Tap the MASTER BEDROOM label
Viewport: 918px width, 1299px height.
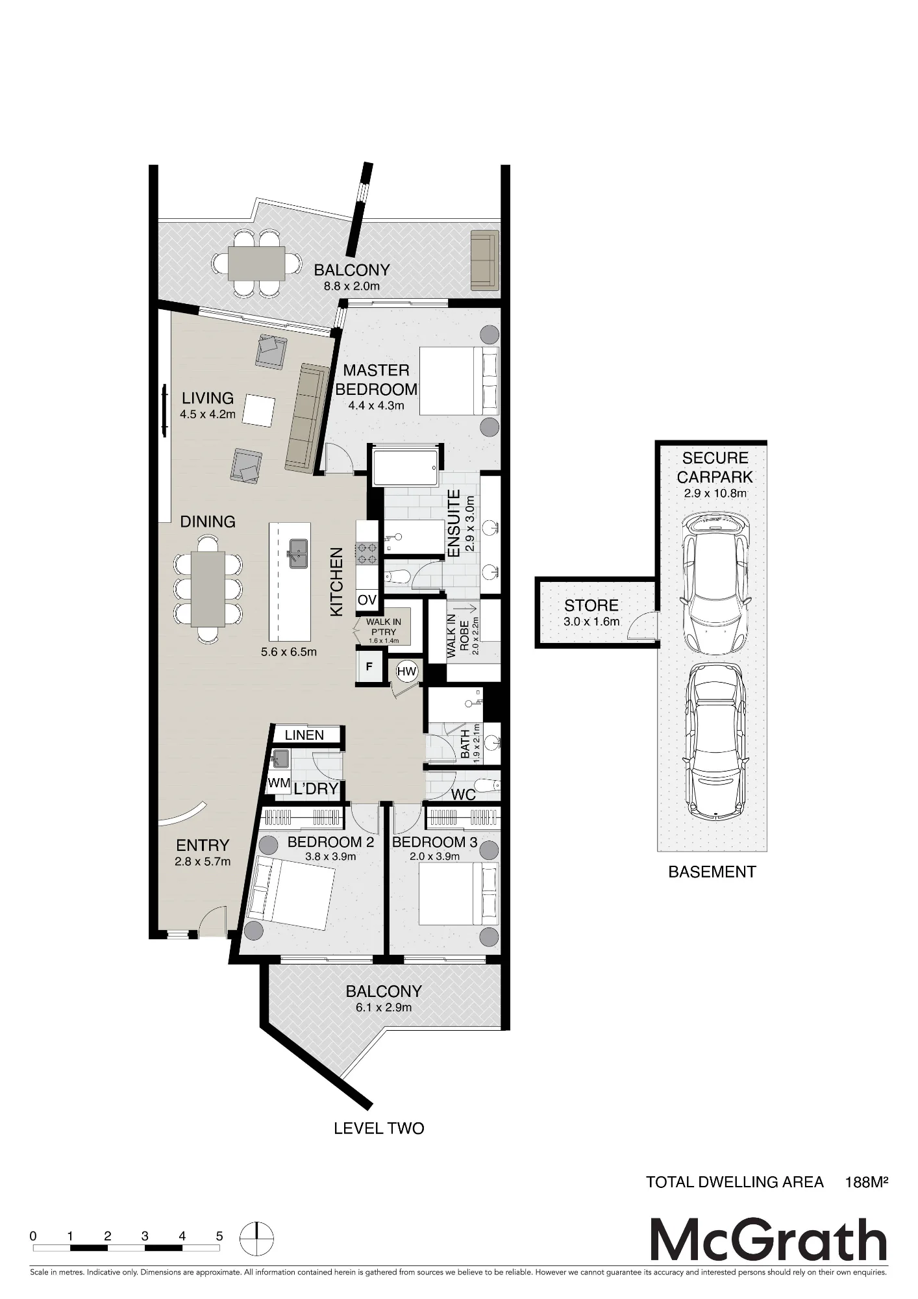click(x=377, y=380)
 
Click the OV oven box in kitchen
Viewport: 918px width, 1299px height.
click(x=367, y=600)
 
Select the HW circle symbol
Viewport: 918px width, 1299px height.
click(x=406, y=672)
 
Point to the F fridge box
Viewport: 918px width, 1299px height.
click(x=369, y=667)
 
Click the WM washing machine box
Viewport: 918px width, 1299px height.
click(x=279, y=783)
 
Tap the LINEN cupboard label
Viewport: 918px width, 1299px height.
click(x=304, y=735)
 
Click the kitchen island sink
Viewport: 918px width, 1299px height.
click(x=298, y=553)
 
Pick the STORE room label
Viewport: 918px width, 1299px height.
click(x=591, y=605)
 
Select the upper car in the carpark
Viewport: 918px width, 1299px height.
click(x=715, y=583)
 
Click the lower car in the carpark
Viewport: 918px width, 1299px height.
click(x=715, y=740)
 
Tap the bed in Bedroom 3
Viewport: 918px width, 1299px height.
click(x=459, y=893)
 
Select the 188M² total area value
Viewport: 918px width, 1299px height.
click(x=866, y=1182)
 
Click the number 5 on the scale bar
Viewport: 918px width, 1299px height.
click(x=219, y=1237)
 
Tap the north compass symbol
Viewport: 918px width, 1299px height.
click(x=257, y=1240)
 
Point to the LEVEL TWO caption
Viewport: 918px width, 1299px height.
click(x=379, y=1129)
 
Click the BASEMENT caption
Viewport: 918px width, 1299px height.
click(x=712, y=872)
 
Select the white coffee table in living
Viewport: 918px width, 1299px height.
click(x=259, y=411)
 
